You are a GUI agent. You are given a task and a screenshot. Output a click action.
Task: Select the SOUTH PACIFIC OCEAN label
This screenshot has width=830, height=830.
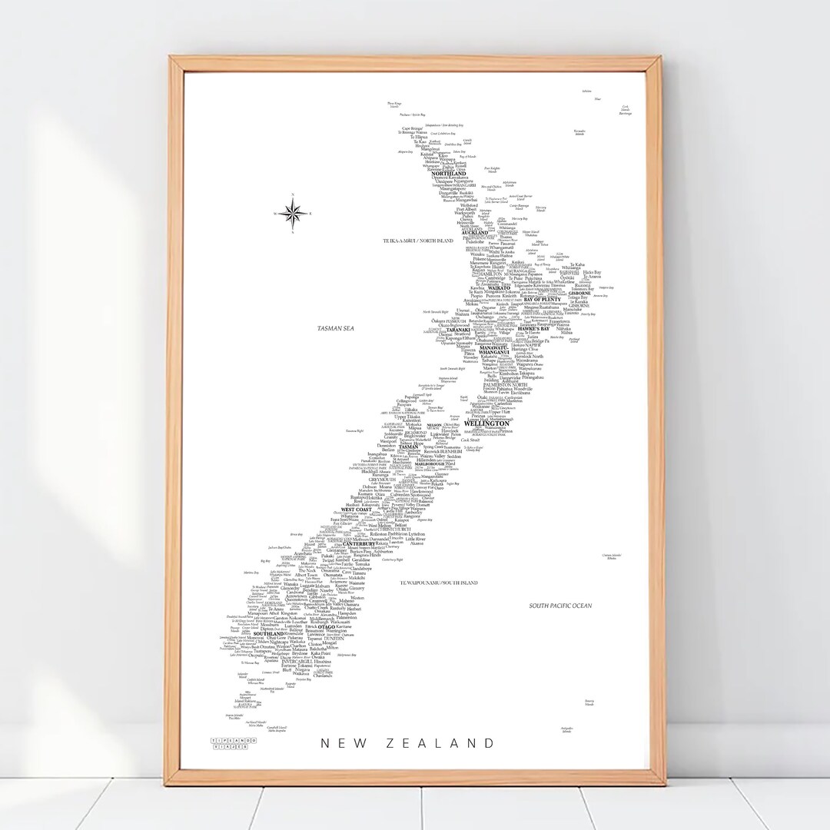pyautogui.click(x=561, y=606)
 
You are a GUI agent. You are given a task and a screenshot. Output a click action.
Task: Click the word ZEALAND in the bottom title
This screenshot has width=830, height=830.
pyautogui.click(x=448, y=743)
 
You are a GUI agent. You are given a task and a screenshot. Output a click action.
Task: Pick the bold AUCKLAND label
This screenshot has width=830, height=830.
pyautogui.click(x=475, y=233)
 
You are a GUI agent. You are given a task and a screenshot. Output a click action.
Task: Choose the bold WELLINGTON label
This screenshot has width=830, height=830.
pyautogui.click(x=486, y=423)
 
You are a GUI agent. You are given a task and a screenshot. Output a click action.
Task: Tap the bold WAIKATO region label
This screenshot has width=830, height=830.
pyautogui.click(x=488, y=288)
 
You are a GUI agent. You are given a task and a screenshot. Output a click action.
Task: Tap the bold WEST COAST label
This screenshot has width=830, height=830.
pyautogui.click(x=357, y=509)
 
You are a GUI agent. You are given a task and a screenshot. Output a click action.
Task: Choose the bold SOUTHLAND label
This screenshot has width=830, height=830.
pyautogui.click(x=268, y=633)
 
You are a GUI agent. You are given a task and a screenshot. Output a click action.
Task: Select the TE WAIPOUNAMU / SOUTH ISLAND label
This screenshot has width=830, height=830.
pyautogui.click(x=439, y=583)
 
